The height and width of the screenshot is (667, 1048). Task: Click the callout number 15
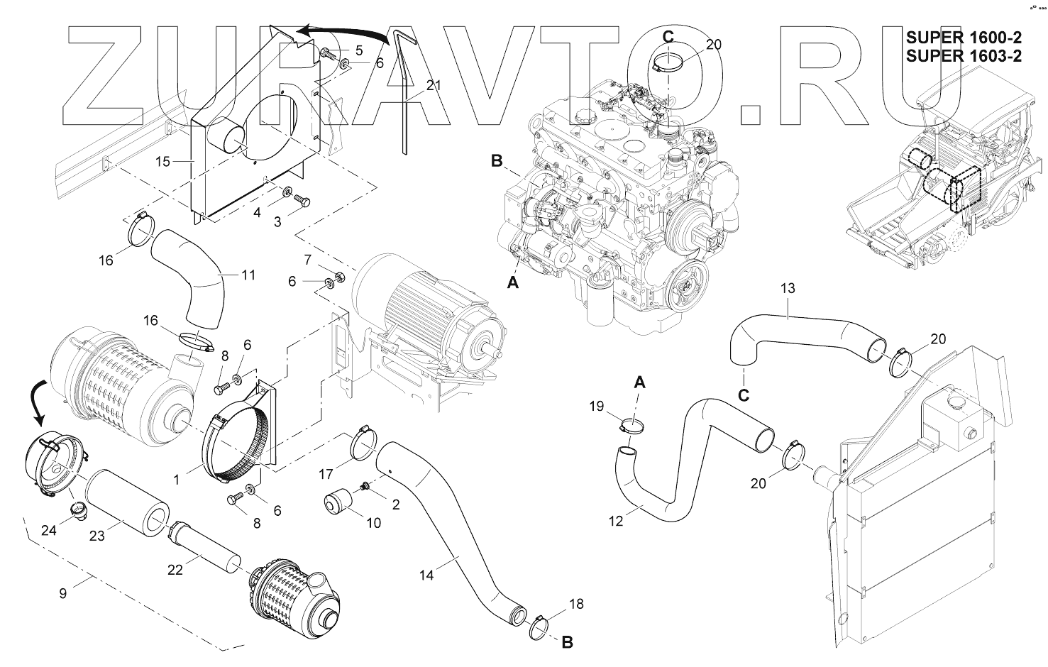pyautogui.click(x=162, y=162)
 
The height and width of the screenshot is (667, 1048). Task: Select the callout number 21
pyautogui.click(x=434, y=86)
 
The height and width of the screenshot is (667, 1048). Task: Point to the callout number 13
pyautogui.click(x=788, y=289)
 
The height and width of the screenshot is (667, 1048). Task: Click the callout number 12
pyautogui.click(x=616, y=521)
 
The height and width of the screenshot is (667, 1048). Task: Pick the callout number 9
pyautogui.click(x=63, y=592)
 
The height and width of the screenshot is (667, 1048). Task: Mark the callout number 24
pyautogui.click(x=48, y=529)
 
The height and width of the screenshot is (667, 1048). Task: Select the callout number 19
pyautogui.click(x=596, y=406)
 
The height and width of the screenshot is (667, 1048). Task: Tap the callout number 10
pyautogui.click(x=373, y=523)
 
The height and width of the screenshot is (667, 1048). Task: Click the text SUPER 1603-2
pyautogui.click(x=964, y=57)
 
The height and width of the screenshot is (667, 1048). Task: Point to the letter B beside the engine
pyautogui.click(x=497, y=162)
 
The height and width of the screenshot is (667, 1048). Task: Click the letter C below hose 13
pyautogui.click(x=743, y=395)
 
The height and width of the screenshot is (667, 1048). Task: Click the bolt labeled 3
pyautogui.click(x=302, y=202)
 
